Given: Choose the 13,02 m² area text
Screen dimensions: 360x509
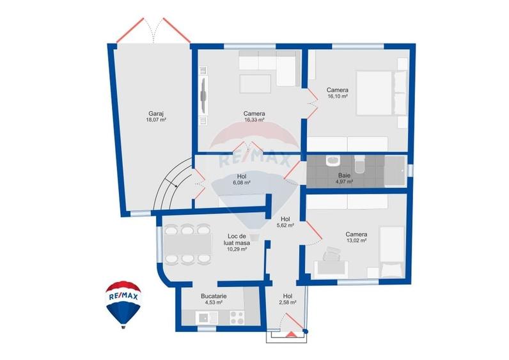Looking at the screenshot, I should coord(356,241).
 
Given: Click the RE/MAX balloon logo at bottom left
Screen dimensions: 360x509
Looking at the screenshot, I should coord(124,303).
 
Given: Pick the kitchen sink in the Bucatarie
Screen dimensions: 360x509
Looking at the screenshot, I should coord(203,316).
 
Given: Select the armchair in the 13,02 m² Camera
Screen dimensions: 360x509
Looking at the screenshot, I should coord(332,255).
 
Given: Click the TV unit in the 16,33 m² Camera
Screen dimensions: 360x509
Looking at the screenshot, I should coord(203,96).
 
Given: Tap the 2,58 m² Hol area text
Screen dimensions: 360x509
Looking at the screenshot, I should coord(288,302).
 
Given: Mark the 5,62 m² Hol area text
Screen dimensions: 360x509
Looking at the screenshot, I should coord(285,225).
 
